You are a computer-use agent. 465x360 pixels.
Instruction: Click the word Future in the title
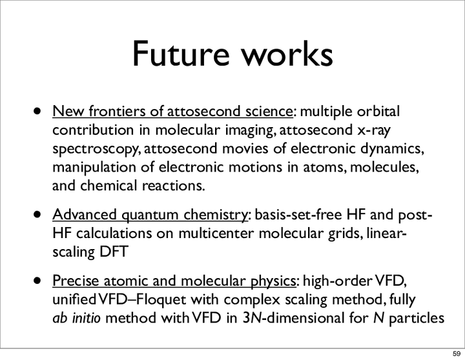pyautogui.click(x=181, y=54)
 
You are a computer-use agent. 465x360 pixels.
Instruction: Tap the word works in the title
pyautogui.click(x=287, y=54)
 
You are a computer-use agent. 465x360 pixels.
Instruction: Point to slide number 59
pyautogui.click(x=457, y=354)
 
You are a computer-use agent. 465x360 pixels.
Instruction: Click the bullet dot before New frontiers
pyautogui.click(x=37, y=112)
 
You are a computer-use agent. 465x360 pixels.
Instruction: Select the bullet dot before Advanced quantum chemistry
pyautogui.click(x=37, y=215)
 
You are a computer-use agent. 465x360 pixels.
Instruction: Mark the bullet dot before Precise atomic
pyautogui.click(x=37, y=281)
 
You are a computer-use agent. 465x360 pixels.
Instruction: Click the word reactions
pyautogui.click(x=174, y=186)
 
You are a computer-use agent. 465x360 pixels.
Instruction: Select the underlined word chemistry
pyautogui.click(x=215, y=215)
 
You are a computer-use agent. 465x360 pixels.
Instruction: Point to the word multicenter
pyautogui.click(x=216, y=234)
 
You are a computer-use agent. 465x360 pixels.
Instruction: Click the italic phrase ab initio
pyautogui.click(x=76, y=318)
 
